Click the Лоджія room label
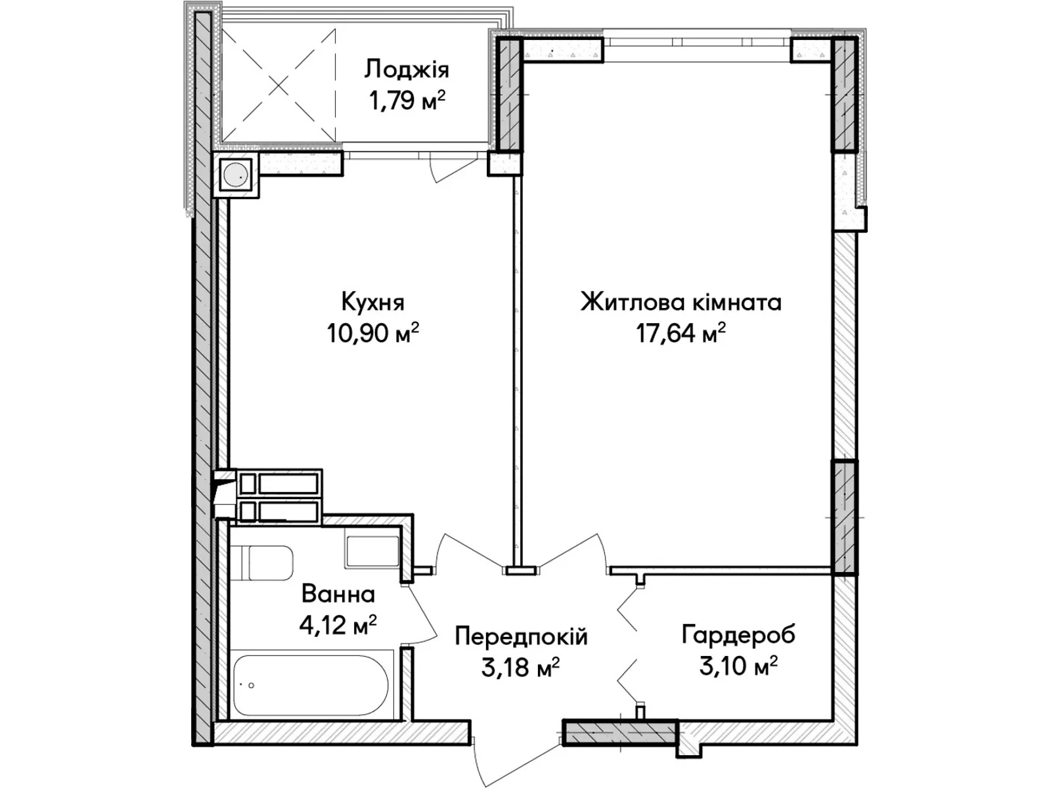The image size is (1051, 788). [x=407, y=70]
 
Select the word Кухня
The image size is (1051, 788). [x=373, y=302]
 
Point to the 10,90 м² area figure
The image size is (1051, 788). [x=373, y=332]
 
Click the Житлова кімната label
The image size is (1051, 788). [x=681, y=302]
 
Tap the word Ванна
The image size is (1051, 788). [x=338, y=595]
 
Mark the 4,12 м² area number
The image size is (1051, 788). [x=338, y=624]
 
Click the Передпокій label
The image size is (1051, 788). [x=521, y=637]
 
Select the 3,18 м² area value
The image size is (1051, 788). [x=521, y=667]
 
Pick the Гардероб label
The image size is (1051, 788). [x=738, y=635]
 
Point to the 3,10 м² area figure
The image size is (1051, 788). [x=738, y=665]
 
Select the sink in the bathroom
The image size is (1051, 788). [x=372, y=551]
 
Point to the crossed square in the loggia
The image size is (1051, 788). [x=279, y=85]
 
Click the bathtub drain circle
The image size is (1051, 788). [x=252, y=686]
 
